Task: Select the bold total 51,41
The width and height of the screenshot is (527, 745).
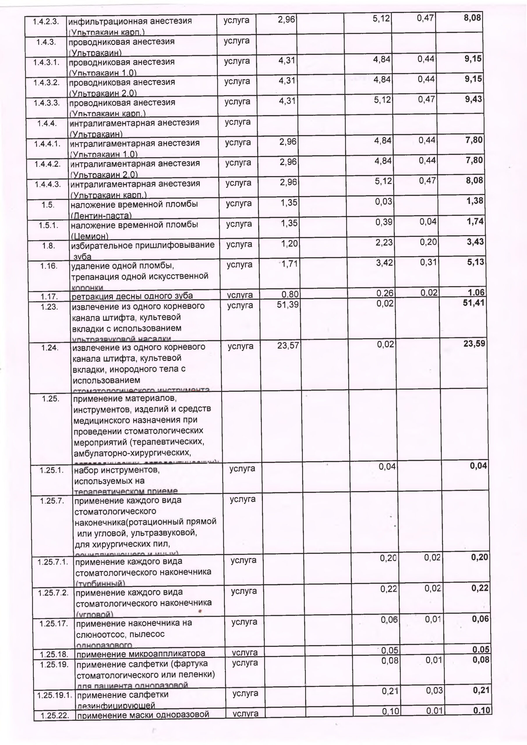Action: [473, 303]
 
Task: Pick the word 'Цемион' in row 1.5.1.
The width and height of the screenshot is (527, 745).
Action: [90, 236]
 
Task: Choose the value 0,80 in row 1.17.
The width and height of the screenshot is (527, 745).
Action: [290, 295]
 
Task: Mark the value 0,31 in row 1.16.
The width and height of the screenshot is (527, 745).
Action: [428, 262]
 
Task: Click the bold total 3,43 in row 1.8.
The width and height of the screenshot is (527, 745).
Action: [475, 242]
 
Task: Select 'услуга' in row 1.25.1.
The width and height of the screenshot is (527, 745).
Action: [242, 469]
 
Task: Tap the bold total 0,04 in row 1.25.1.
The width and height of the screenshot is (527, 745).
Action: [478, 466]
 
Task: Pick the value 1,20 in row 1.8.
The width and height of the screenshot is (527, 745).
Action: [289, 243]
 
